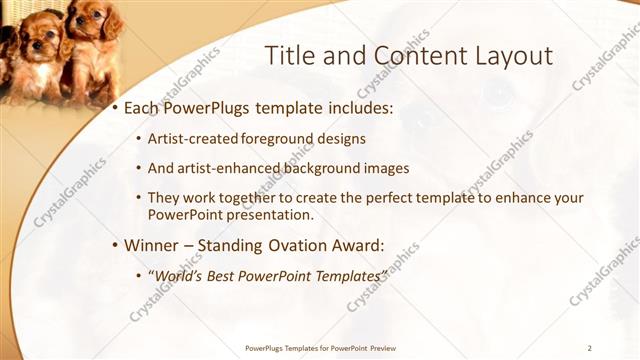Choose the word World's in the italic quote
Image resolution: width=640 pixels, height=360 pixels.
coord(179,274)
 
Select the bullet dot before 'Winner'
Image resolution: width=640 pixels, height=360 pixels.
coord(115,245)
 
